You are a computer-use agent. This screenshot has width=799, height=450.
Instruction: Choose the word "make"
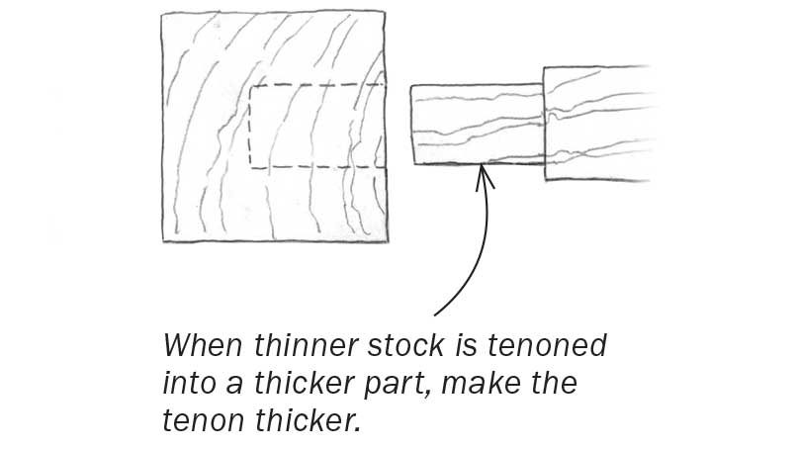pos(525,385)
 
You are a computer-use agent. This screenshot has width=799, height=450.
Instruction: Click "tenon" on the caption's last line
pos(200,421)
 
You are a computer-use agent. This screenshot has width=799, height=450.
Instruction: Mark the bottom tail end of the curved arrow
pos(435,315)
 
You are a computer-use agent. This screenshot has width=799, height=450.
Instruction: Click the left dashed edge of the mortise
pos(250,127)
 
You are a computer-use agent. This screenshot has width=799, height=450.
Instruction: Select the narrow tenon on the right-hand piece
pos(477,125)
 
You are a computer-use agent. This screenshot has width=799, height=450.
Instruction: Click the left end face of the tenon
pos(411,125)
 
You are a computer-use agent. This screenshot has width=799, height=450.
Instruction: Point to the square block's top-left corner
pos(162,14)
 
